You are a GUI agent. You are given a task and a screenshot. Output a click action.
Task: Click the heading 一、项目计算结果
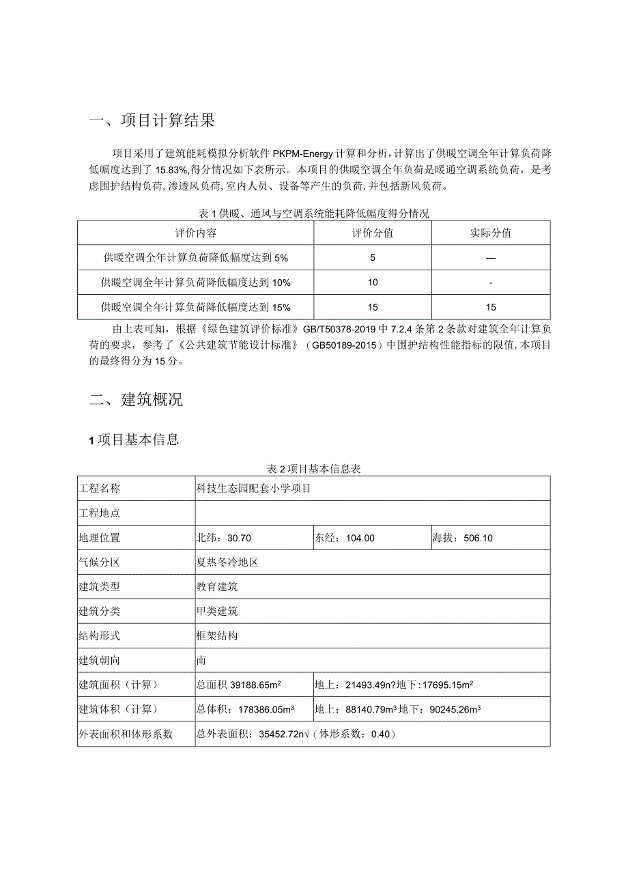(x=152, y=121)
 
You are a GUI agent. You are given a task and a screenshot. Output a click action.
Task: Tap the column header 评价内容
(x=195, y=233)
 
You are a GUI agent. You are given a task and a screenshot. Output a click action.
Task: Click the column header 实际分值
(x=491, y=233)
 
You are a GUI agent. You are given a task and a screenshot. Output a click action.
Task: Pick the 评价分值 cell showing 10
(x=373, y=283)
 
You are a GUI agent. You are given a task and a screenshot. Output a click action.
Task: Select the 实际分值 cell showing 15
(x=491, y=307)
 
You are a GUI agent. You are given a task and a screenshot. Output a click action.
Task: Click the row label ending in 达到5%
(x=195, y=258)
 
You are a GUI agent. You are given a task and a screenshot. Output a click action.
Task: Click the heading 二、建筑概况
(x=137, y=400)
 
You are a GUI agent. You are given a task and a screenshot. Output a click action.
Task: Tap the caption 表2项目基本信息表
(x=314, y=469)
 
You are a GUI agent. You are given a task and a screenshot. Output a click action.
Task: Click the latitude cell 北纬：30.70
(x=224, y=538)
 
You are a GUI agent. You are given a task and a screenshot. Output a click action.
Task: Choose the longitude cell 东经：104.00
(x=345, y=538)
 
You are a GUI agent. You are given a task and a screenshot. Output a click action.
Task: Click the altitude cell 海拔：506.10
(x=462, y=538)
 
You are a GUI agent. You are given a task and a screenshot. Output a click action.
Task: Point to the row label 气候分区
(x=100, y=562)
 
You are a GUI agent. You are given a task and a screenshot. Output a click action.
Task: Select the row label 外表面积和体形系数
(x=126, y=734)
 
